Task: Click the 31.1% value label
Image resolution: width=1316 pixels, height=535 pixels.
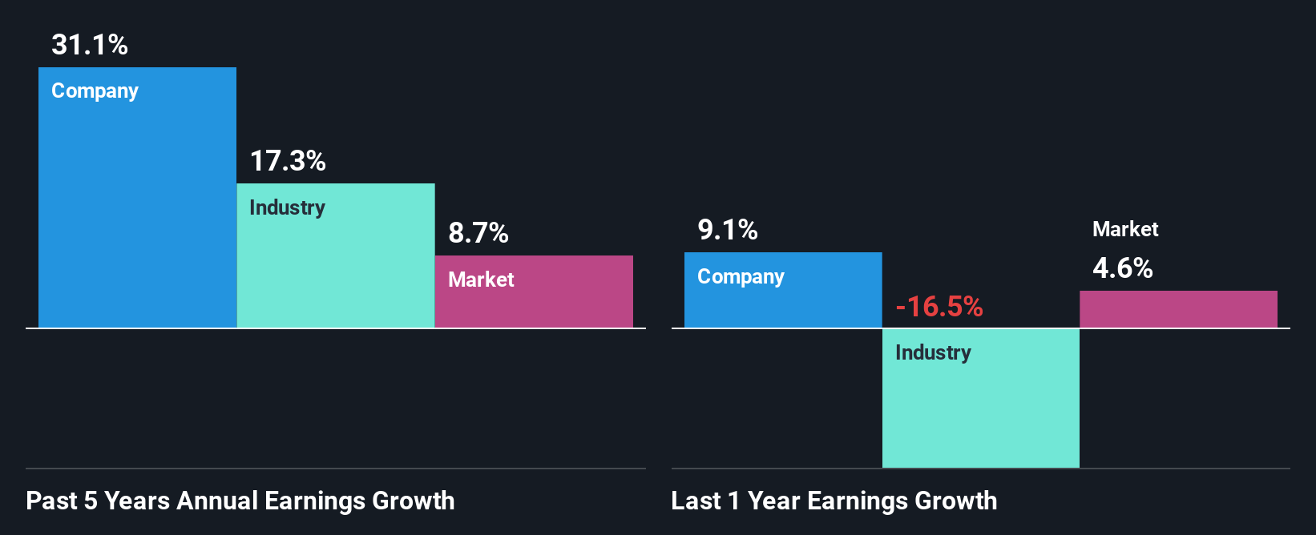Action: pyautogui.click(x=90, y=45)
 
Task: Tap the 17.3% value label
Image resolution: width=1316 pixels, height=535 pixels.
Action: pyautogui.click(x=288, y=161)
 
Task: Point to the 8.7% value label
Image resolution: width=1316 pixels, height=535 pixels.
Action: pyautogui.click(x=478, y=233)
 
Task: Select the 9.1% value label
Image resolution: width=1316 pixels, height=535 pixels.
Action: pyautogui.click(x=727, y=230)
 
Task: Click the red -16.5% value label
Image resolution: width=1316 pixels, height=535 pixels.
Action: pyautogui.click(x=939, y=306)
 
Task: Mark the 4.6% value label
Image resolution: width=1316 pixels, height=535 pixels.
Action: pyautogui.click(x=1122, y=267)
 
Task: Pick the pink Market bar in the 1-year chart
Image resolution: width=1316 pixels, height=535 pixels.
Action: pyautogui.click(x=1178, y=309)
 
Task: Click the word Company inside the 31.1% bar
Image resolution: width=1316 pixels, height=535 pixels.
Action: pyautogui.click(x=95, y=91)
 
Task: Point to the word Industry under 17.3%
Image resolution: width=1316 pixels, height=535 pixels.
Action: pyautogui.click(x=287, y=207)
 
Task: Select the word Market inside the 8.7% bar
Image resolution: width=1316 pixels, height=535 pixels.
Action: pyautogui.click(x=481, y=280)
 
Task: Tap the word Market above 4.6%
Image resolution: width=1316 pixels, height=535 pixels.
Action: pyautogui.click(x=1125, y=229)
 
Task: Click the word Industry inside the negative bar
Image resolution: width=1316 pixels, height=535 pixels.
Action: pyautogui.click(x=933, y=352)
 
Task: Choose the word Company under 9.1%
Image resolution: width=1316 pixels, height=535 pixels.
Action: pyautogui.click(x=741, y=277)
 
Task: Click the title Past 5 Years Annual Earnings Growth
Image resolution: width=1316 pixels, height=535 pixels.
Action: pyautogui.click(x=240, y=501)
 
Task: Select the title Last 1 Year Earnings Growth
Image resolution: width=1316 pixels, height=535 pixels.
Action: pyautogui.click(x=834, y=501)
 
